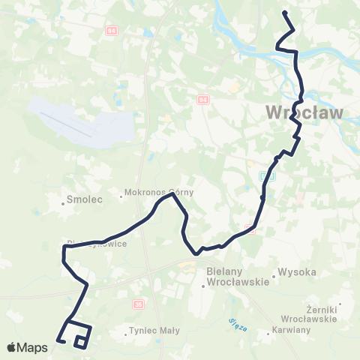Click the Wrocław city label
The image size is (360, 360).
coord(305,113)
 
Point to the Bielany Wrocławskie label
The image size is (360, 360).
coord(238,279)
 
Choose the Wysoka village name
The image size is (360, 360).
coord(298,271)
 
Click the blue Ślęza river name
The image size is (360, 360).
coord(236,322)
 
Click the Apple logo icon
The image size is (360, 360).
coord(13,347)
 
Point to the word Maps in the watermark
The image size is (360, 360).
coord(34,347)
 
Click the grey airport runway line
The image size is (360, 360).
coord(67,124)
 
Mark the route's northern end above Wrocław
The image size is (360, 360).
coord(283,13)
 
